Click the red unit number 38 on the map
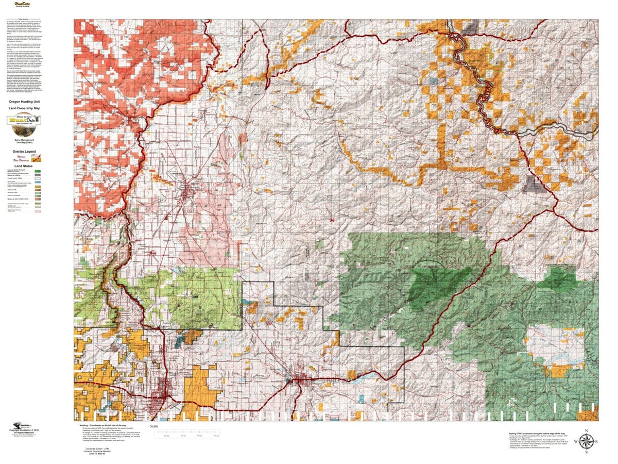pos(332,220)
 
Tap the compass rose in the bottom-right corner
pos(586,441)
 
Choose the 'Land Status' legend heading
pos(24,165)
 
